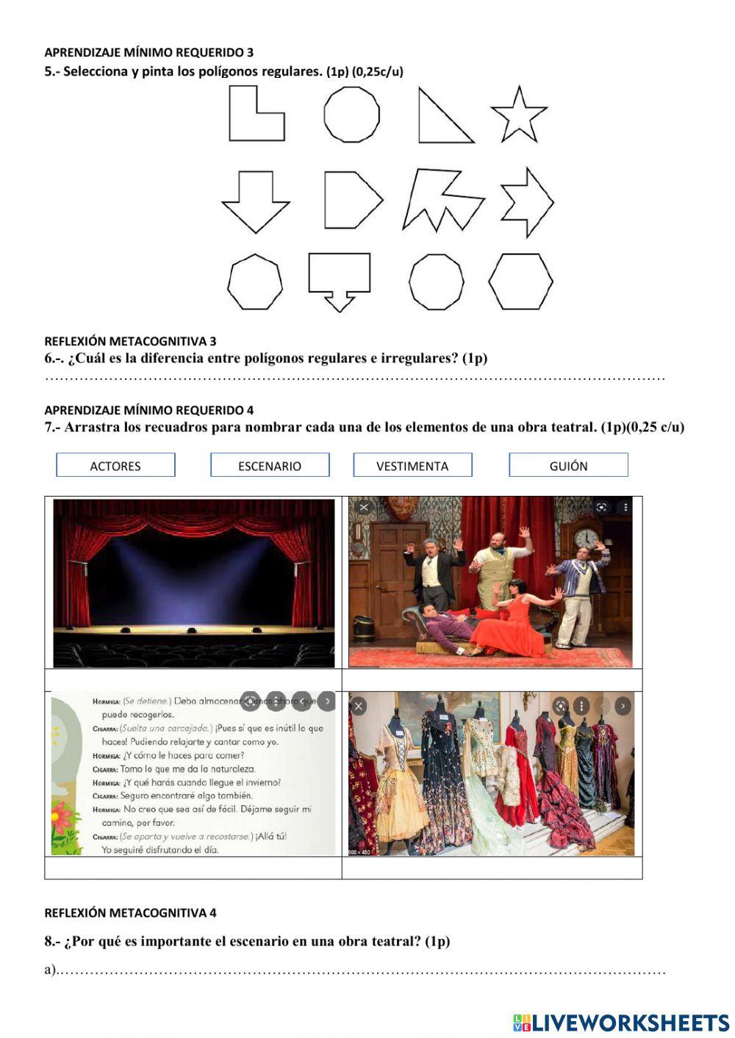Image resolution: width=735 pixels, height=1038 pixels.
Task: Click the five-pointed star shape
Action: [519, 115]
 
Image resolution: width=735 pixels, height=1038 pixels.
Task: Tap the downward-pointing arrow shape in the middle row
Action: [255, 201]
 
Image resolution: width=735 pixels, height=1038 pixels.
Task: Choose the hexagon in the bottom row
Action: [520, 281]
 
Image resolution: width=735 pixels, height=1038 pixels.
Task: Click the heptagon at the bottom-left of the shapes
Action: [254, 282]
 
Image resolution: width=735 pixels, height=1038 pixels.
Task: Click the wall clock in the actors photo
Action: [586, 538]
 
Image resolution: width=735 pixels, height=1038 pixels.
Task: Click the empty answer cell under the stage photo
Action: [193, 680]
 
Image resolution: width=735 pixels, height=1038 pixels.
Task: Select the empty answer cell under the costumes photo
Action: [492, 868]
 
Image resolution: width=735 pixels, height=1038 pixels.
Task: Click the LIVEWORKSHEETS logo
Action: [620, 1022]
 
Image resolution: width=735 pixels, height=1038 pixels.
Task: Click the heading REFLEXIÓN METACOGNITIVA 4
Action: [130, 913]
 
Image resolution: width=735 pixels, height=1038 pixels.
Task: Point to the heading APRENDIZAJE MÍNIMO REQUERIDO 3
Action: [148, 52]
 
